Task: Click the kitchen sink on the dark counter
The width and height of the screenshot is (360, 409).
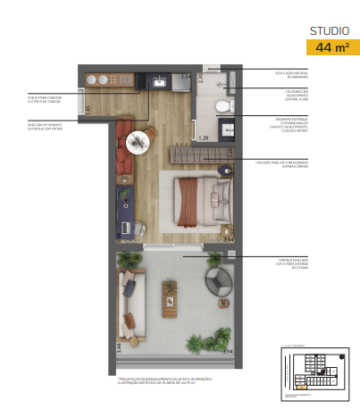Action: tap(158, 82)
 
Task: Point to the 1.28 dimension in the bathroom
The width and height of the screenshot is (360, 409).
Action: tap(203, 138)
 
